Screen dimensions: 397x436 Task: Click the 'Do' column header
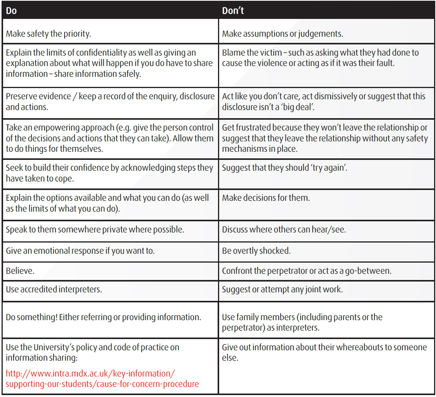(12, 11)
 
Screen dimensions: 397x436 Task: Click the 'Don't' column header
(233, 11)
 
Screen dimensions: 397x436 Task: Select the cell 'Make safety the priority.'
(48, 34)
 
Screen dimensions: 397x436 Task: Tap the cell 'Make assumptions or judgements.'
(283, 34)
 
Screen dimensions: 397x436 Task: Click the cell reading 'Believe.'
(20, 271)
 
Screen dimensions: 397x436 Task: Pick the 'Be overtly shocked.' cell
(256, 251)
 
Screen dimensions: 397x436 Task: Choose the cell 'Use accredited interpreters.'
(54, 289)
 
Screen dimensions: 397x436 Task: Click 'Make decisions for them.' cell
(266, 198)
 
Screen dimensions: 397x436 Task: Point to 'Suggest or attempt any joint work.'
(282, 289)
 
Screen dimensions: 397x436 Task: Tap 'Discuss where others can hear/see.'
(284, 229)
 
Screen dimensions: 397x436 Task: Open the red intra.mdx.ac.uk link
(102, 379)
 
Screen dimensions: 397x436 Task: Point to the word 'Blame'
(234, 53)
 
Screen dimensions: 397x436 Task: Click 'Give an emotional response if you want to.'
(80, 251)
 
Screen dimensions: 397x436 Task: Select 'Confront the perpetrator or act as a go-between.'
(307, 271)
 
